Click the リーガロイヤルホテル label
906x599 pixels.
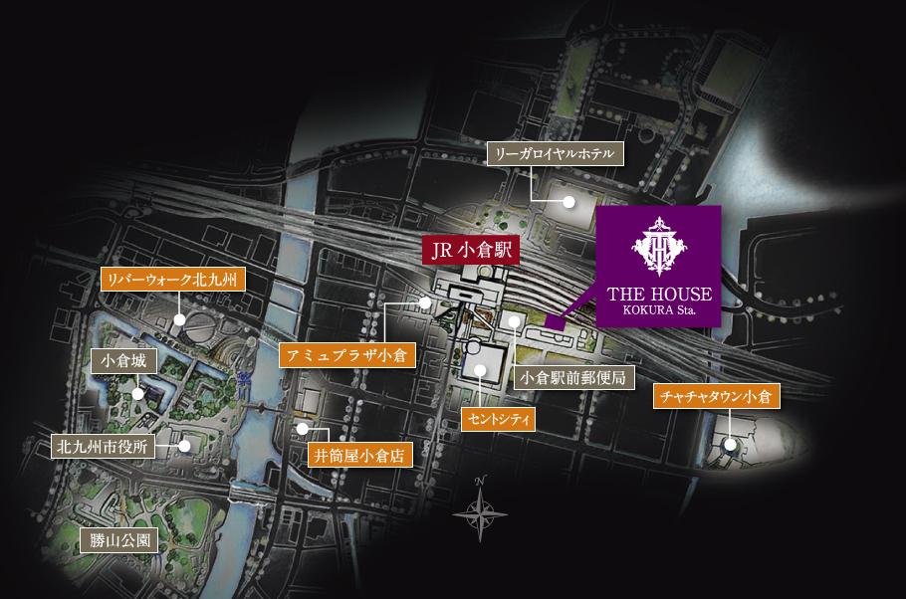(x=556, y=154)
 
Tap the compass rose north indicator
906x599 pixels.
(x=480, y=509)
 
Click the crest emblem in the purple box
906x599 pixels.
(x=658, y=246)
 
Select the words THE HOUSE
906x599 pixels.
(x=658, y=295)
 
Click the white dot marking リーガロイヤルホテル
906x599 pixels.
(x=569, y=201)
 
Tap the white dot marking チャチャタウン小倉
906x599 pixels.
(x=731, y=445)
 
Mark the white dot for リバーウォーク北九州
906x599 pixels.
(x=179, y=319)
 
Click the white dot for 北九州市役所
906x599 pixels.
(x=185, y=446)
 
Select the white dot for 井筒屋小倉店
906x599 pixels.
(x=303, y=430)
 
